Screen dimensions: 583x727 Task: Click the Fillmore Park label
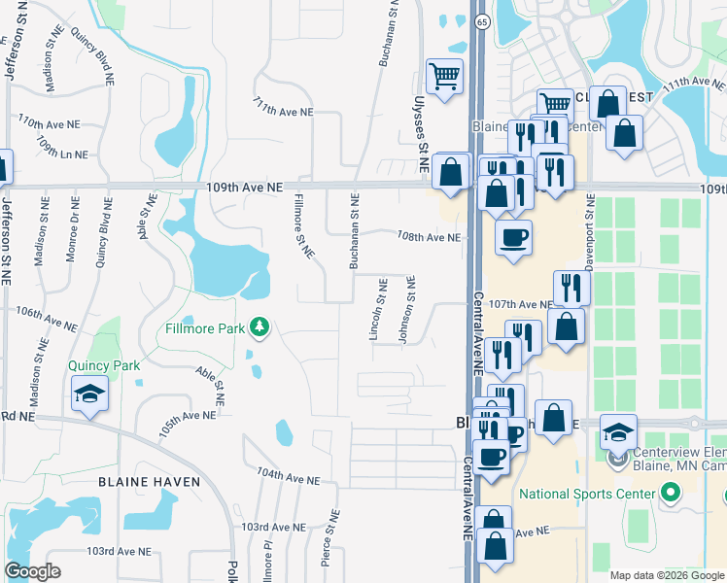pos(204,328)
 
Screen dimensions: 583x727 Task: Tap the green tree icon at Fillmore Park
pos(259,327)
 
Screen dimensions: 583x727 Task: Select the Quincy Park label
pos(104,365)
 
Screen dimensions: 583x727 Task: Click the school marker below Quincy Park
pos(89,394)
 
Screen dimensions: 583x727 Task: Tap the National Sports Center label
pos(587,494)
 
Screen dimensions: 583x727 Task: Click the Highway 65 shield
pos(482,20)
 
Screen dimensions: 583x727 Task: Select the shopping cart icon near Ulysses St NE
pos(444,76)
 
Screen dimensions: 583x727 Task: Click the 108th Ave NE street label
pos(428,237)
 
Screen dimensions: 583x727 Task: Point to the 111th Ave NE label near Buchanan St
pos(283,110)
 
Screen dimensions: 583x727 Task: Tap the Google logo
pos(33,570)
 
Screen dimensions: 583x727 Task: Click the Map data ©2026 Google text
pos(667,575)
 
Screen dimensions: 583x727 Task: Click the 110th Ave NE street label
pos(49,124)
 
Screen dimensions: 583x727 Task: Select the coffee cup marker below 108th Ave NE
pos(513,237)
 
